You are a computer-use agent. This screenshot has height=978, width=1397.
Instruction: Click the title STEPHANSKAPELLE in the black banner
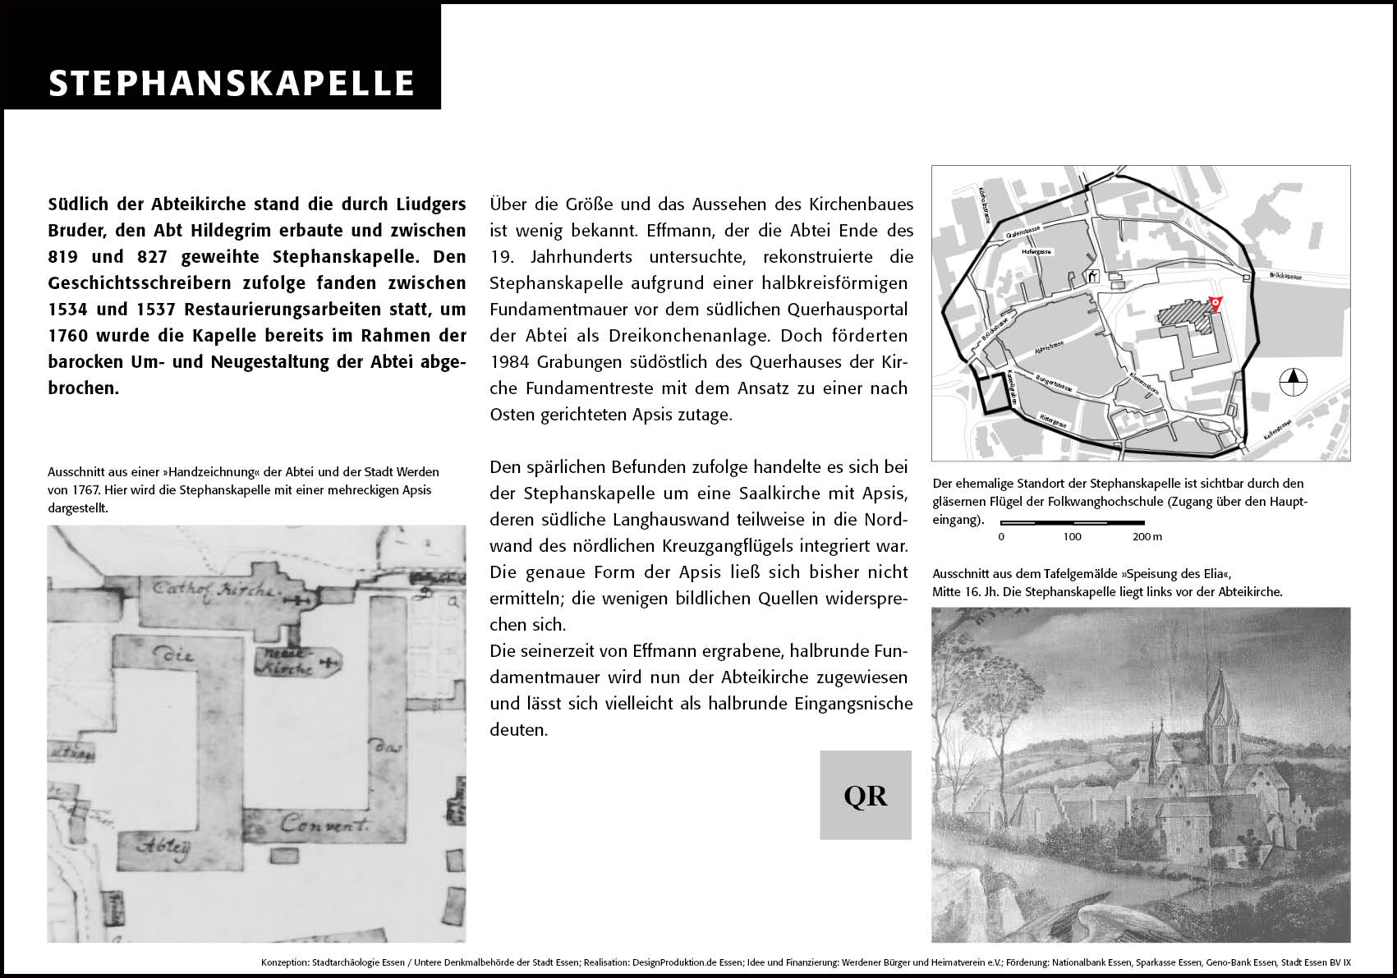pos(232,84)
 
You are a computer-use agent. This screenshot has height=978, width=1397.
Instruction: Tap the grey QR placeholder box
pos(866,795)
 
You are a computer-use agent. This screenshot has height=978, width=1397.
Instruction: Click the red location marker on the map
pos(1215,303)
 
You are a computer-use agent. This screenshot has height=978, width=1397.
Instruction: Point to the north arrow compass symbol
pos(1294,380)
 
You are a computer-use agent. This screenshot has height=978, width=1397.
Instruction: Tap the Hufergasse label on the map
pos(1037,252)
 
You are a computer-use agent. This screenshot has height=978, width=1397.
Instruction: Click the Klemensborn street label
pos(1143,383)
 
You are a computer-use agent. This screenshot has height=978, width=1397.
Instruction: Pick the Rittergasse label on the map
pos(1054,421)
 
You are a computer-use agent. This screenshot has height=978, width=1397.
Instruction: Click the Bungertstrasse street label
pos(1055,383)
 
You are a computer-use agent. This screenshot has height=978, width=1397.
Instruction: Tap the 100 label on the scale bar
pos(1072,537)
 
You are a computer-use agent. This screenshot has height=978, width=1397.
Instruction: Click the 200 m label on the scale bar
pos(1147,537)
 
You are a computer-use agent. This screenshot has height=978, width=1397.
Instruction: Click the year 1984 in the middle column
pos(509,362)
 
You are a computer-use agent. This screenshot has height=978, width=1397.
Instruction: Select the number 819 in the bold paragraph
pos(63,256)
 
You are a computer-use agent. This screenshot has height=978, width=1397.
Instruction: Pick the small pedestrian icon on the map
pos(1093,277)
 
